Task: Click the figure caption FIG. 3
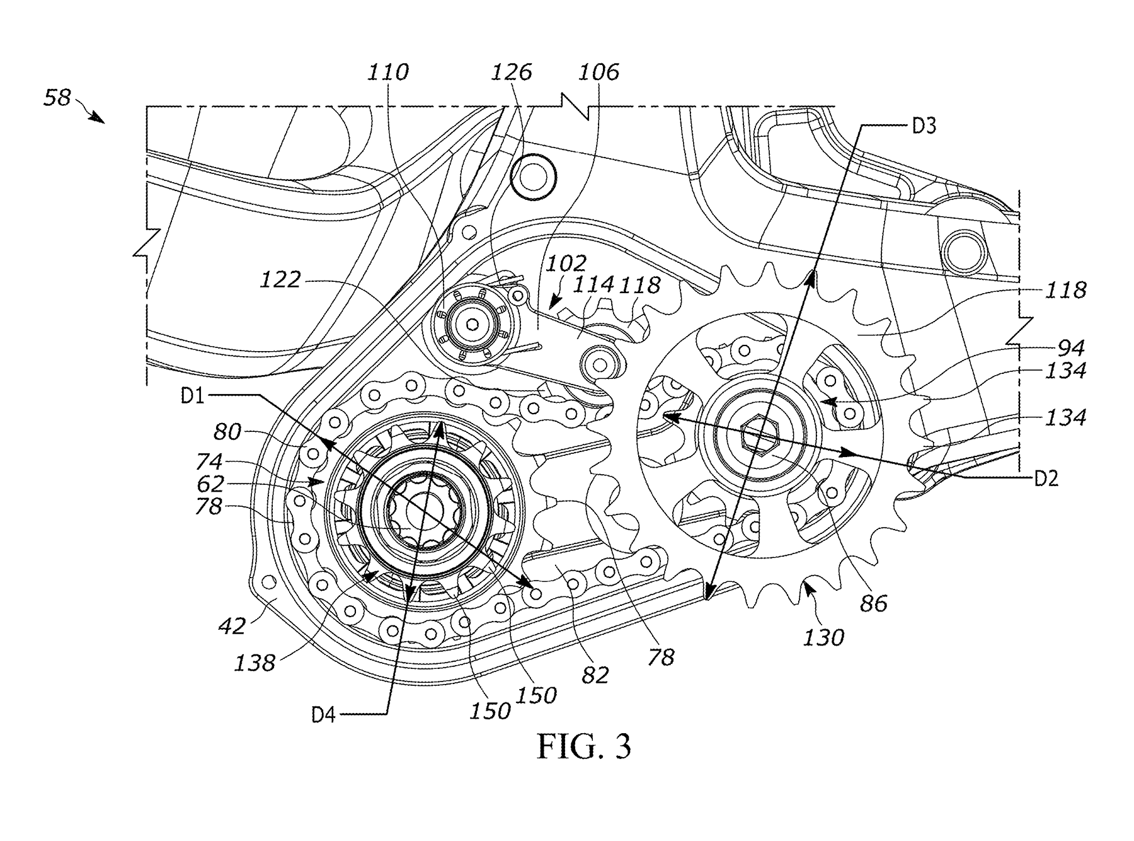(583, 746)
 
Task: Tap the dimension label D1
(193, 397)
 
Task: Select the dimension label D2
(1046, 479)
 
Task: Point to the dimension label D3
(924, 127)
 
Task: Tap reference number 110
(388, 72)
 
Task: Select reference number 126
(512, 72)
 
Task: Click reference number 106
(598, 72)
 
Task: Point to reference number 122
(280, 279)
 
